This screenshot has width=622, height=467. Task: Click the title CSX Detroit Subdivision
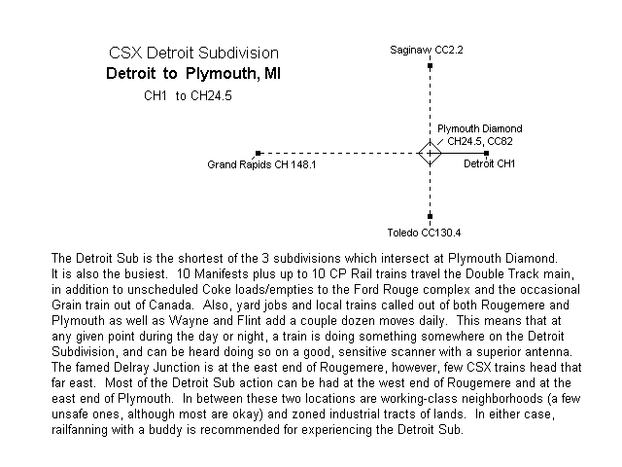click(x=193, y=53)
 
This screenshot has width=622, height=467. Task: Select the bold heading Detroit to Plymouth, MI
click(x=193, y=74)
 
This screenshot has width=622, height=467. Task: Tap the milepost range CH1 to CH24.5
click(x=188, y=95)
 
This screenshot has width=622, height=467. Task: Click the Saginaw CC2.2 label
click(x=427, y=50)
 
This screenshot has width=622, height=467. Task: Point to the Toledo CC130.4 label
click(x=424, y=233)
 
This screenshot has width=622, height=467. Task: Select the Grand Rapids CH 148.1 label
click(x=261, y=164)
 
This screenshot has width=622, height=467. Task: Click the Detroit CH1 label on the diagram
click(x=489, y=163)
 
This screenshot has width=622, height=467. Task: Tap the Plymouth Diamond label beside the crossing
click(x=479, y=128)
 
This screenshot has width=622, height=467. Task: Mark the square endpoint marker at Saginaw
click(x=430, y=65)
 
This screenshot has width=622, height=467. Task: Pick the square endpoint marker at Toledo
click(x=430, y=216)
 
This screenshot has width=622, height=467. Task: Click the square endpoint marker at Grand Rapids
click(x=259, y=153)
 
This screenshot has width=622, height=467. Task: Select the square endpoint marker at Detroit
click(x=487, y=153)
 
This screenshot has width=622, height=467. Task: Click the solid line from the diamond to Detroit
click(x=465, y=153)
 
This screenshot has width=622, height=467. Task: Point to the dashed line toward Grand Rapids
click(x=339, y=153)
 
